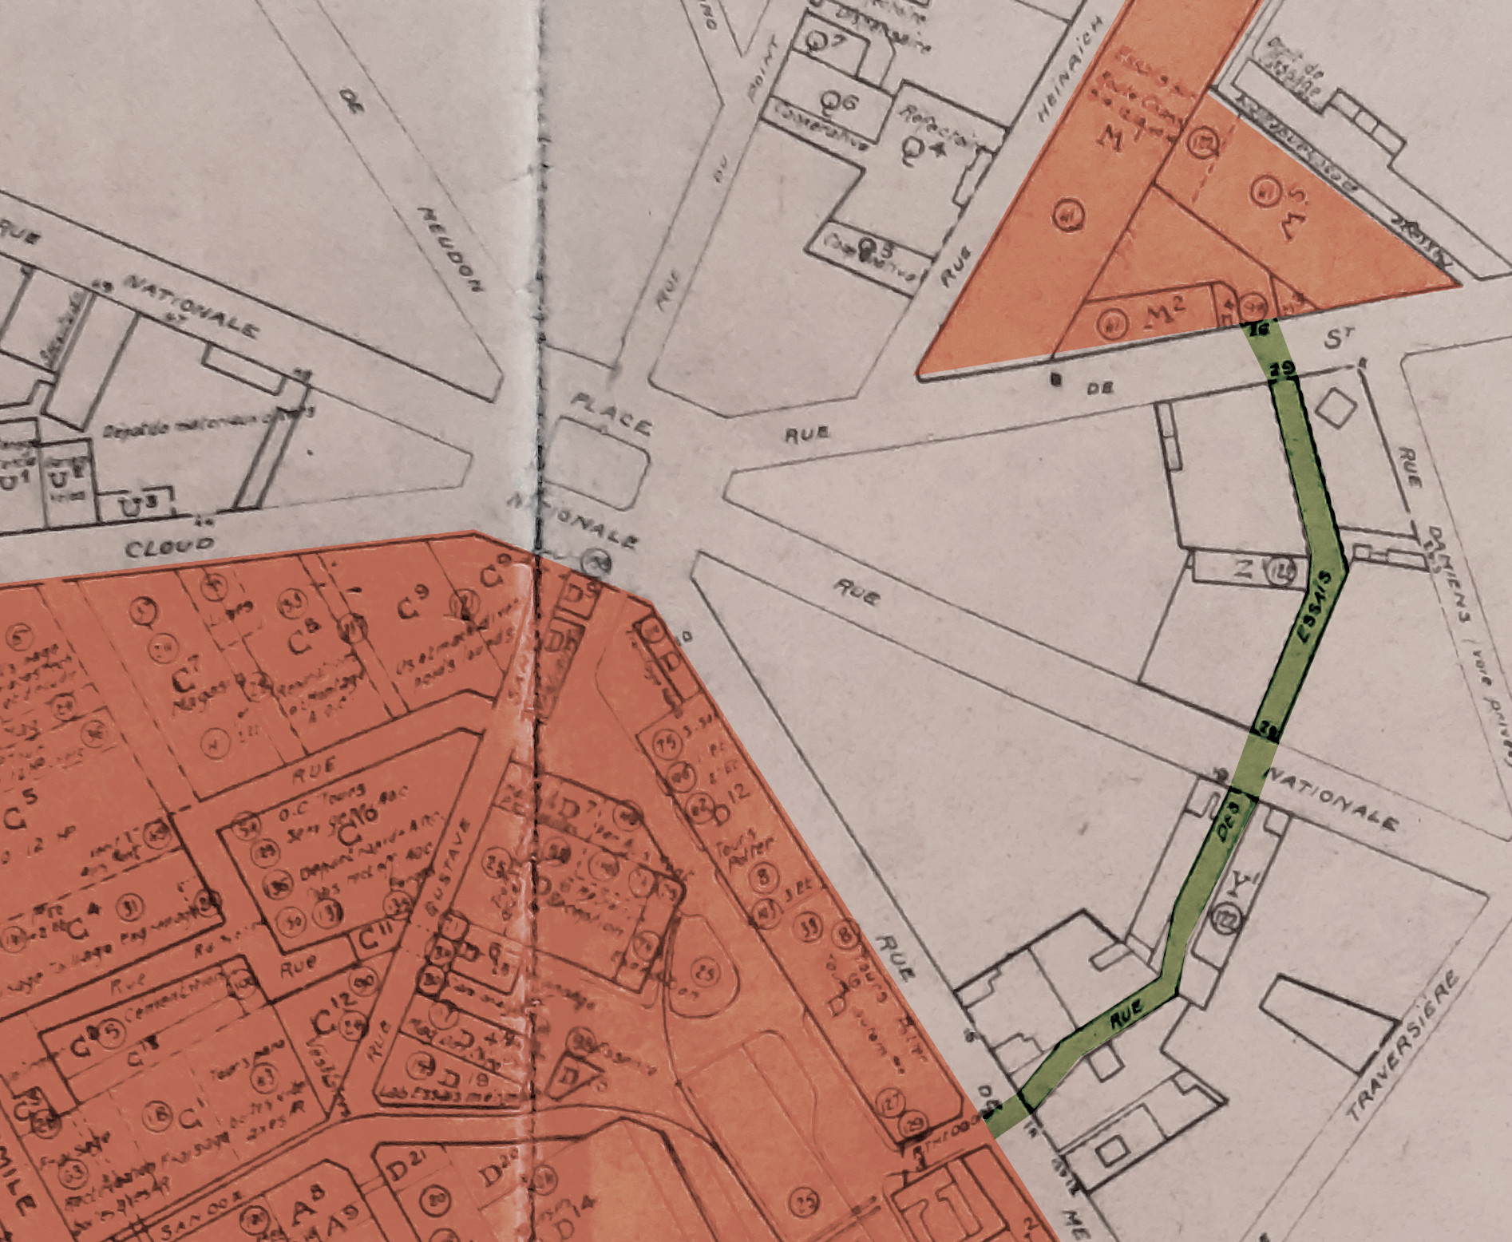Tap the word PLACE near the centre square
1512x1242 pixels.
coord(611,413)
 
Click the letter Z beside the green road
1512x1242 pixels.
coord(1243,568)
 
